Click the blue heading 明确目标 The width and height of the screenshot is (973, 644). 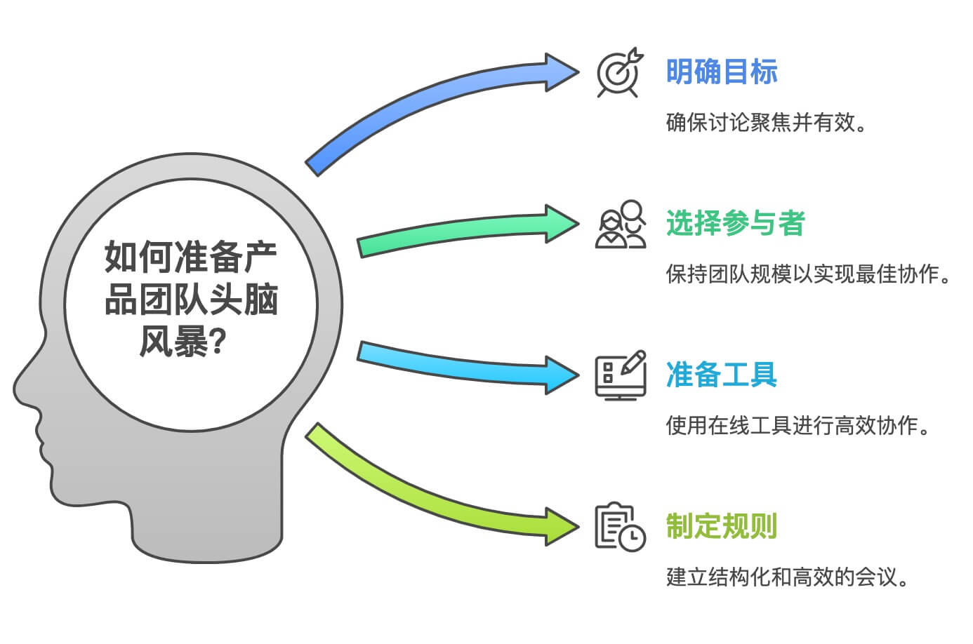tap(722, 72)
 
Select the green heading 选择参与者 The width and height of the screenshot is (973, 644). tap(735, 224)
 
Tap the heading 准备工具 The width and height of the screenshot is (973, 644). tap(722, 375)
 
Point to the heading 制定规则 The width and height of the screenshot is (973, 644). tap(722, 526)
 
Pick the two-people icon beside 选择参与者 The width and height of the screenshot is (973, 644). tap(621, 224)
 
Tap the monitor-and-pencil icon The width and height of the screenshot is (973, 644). tap(621, 375)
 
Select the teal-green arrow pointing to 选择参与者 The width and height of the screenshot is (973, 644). tap(456, 232)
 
